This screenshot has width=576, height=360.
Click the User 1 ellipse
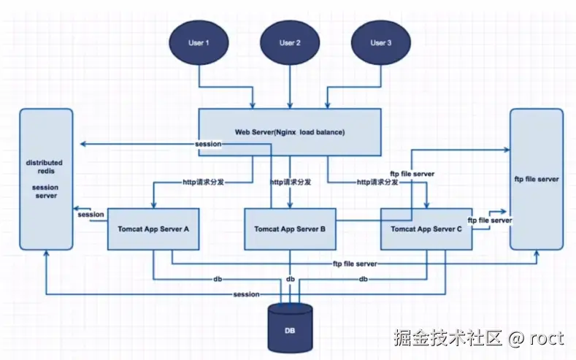point(199,43)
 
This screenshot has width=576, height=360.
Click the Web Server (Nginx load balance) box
point(290,132)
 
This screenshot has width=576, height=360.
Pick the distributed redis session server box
point(46,178)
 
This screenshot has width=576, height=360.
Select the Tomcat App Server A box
point(153,229)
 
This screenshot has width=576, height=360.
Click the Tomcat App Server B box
point(290,229)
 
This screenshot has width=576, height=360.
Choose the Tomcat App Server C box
point(426,229)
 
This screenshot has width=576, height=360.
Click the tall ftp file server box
point(536,178)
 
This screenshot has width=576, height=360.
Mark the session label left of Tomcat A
point(91,214)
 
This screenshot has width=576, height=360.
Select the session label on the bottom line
point(246,294)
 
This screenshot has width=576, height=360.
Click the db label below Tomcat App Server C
point(363,279)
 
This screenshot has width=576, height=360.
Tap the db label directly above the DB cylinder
point(291,279)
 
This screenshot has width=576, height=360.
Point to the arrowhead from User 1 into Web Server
point(253,104)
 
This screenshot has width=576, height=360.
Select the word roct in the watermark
point(547,338)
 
